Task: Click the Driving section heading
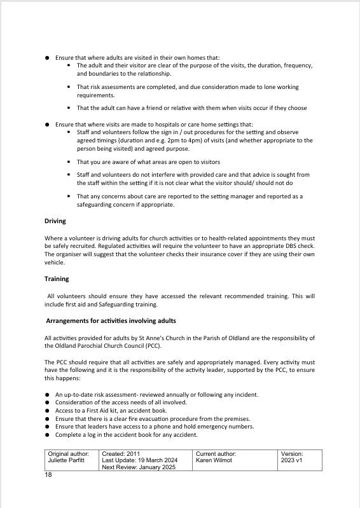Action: [x=56, y=221]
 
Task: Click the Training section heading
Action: [x=57, y=278]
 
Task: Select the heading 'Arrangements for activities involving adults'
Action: [x=111, y=320]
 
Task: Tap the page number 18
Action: [x=48, y=475]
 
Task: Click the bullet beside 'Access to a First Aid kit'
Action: [x=47, y=411]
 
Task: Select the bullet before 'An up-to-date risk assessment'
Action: [x=47, y=395]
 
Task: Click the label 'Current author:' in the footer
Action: [x=216, y=454]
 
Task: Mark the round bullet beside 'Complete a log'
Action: [x=47, y=436]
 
